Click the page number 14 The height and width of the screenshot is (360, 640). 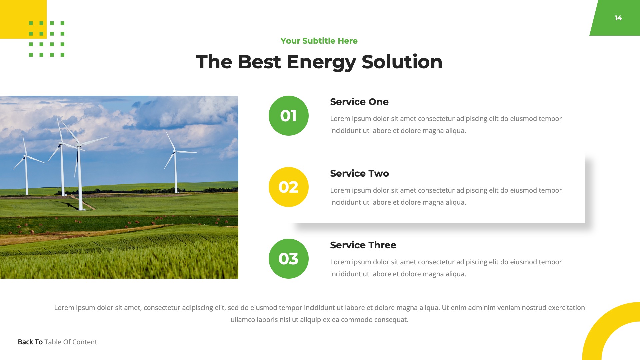[618, 18]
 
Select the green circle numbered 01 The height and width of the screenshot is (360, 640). [288, 116]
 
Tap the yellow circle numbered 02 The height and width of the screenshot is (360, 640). [288, 187]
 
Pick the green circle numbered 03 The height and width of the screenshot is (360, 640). [288, 259]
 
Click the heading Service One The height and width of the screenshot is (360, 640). [359, 102]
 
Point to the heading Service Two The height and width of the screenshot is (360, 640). [359, 173]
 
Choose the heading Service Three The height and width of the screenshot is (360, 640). [363, 245]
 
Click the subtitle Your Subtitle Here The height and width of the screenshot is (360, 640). [319, 41]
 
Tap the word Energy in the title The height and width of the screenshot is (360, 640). [321, 62]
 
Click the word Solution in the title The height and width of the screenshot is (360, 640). [402, 62]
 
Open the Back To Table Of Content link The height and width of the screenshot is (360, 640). [57, 342]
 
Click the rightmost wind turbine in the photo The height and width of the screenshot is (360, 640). [175, 167]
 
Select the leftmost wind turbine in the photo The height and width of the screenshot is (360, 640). [26, 170]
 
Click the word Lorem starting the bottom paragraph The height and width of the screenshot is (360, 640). [64, 308]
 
